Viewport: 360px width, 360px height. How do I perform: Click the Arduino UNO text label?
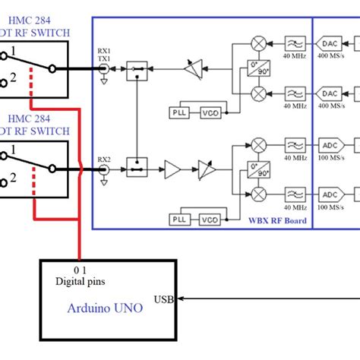(x=105, y=308)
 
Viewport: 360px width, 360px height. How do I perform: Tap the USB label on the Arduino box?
(x=163, y=298)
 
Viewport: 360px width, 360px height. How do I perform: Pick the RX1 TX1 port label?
(x=103, y=54)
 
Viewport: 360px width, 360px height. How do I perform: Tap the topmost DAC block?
(x=330, y=43)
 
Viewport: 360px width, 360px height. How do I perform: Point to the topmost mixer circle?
(x=258, y=43)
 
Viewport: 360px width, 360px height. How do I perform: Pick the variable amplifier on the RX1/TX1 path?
(x=194, y=69)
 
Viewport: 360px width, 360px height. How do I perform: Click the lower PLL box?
(x=178, y=219)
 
